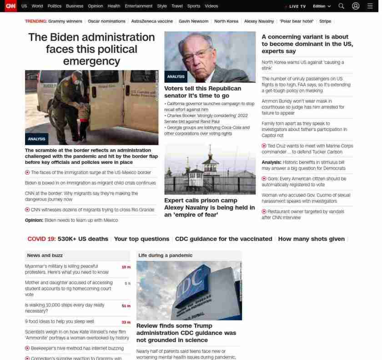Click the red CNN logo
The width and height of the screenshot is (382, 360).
pyautogui.click(x=10, y=6)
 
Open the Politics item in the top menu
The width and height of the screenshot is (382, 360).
pyautogui.click(x=54, y=6)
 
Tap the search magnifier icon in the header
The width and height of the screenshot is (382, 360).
pyautogui.click(x=341, y=6)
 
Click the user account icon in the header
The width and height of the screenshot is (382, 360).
pyautogui.click(x=356, y=6)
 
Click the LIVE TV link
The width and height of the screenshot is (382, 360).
pyautogui.click(x=297, y=6)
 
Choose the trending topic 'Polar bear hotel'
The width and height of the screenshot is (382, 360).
pyautogui.click(x=296, y=21)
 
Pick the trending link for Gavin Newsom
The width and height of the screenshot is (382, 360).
pyautogui.click(x=193, y=21)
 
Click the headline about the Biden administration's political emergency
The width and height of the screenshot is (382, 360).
pyautogui.click(x=91, y=49)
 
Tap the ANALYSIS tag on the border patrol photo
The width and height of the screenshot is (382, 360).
pyautogui.click(x=36, y=139)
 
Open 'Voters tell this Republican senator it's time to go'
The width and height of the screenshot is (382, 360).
pyautogui.click(x=202, y=92)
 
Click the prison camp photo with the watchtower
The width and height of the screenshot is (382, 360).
pyautogui.click(x=210, y=169)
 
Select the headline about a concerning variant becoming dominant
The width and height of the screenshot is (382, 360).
pyautogui.click(x=307, y=44)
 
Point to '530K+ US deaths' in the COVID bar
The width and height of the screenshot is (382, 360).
pyautogui.click(x=83, y=239)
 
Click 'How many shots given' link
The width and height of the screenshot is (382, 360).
pyautogui.click(x=311, y=239)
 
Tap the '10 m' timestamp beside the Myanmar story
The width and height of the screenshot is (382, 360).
pyautogui.click(x=126, y=267)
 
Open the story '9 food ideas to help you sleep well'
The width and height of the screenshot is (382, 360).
pyautogui.click(x=59, y=321)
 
